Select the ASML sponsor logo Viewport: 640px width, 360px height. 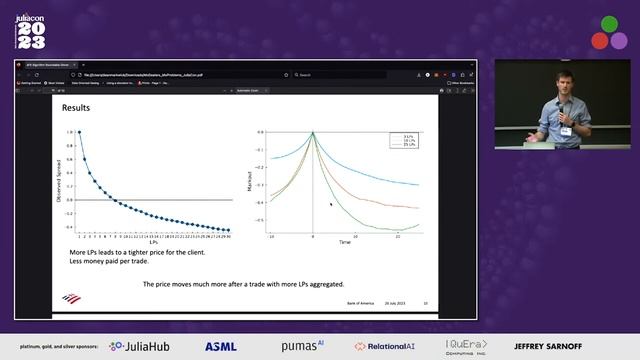[x=222, y=346]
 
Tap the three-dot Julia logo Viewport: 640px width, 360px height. [x=609, y=32]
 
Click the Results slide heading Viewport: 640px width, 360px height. [x=76, y=107]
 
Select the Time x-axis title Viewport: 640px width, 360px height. [x=344, y=242]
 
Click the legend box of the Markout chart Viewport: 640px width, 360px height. [x=400, y=141]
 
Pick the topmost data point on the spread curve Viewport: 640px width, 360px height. [x=79, y=132]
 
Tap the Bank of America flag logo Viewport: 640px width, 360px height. [x=70, y=298]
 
